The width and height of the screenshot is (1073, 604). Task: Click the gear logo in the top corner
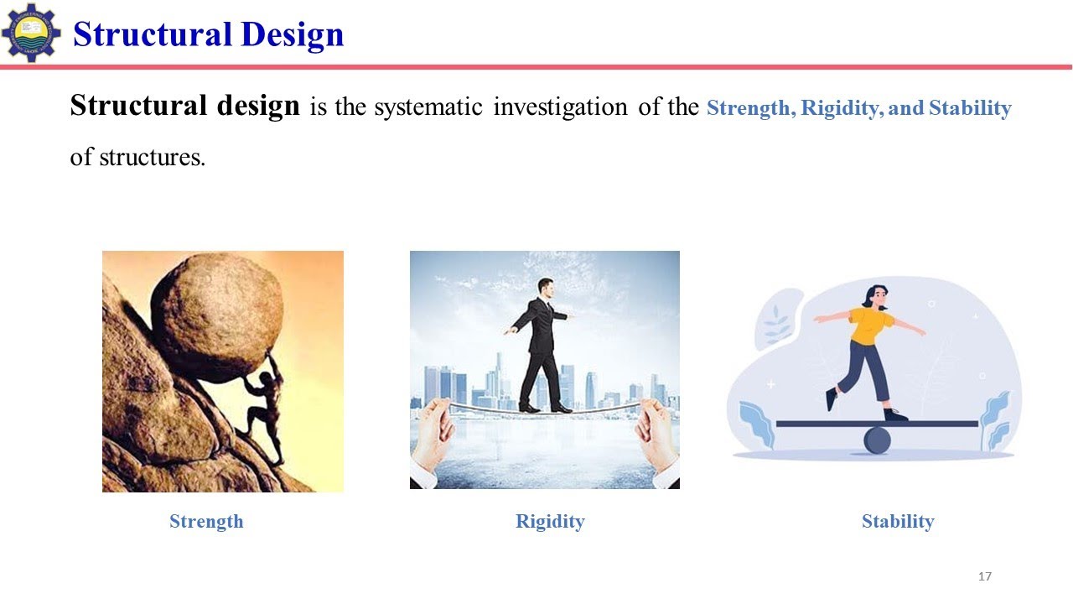tap(31, 33)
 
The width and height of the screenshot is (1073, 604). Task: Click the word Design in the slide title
tap(292, 34)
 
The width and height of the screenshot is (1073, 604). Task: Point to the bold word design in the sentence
tap(259, 107)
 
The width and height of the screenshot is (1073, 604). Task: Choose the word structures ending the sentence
tap(151, 157)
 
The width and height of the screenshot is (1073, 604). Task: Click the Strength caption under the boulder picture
tap(206, 521)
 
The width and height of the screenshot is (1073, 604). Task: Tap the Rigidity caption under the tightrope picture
tap(550, 521)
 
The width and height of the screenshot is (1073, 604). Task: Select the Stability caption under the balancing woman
tap(898, 521)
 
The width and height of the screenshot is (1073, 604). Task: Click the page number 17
tap(985, 576)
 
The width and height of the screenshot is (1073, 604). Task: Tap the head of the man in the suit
tap(547, 288)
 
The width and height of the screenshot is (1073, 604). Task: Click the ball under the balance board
tap(877, 440)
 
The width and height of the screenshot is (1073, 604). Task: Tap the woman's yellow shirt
tap(870, 325)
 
